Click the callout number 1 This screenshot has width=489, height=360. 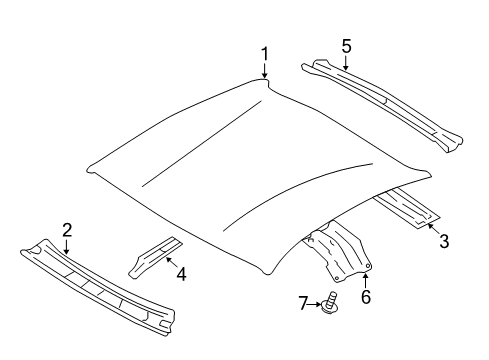tap(265, 53)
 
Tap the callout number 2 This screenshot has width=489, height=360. tap(67, 230)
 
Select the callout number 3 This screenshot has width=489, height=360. tap(444, 241)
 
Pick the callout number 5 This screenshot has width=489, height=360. tap(346, 46)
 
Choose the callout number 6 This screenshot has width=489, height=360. tap(366, 298)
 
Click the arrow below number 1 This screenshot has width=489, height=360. tap(265, 70)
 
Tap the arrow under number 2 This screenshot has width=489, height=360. tap(67, 245)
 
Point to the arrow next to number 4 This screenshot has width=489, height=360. tap(166, 265)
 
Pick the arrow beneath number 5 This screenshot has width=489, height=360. tap(346, 62)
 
